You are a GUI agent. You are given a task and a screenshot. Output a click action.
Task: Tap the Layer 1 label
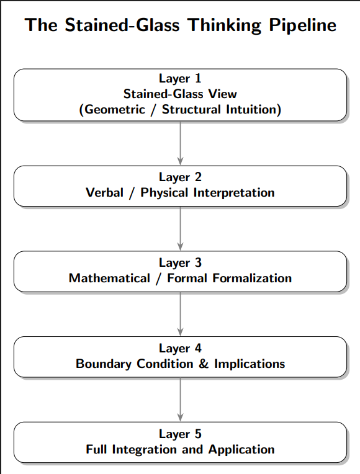click(x=180, y=78)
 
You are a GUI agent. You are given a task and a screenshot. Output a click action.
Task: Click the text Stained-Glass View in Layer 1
click(x=180, y=94)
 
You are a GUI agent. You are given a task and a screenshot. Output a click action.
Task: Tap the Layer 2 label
click(x=180, y=177)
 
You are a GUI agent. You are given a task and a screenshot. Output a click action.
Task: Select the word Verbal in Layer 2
click(x=104, y=192)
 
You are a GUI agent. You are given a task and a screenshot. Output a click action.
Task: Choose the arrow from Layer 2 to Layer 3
click(x=180, y=228)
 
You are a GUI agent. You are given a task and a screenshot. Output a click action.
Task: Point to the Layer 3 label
click(x=180, y=263)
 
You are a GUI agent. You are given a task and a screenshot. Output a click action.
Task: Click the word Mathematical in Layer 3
click(x=109, y=278)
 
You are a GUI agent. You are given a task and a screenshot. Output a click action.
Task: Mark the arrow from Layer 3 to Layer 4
click(x=180, y=314)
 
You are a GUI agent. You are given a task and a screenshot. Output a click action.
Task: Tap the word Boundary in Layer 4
click(x=102, y=364)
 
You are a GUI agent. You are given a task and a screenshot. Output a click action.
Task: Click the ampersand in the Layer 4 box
click(x=204, y=364)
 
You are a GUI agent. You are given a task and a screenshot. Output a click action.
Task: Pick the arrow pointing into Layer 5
click(x=180, y=400)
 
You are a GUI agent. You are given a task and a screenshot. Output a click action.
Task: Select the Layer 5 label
click(x=180, y=434)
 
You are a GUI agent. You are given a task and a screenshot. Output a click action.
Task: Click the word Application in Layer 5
click(x=241, y=449)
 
